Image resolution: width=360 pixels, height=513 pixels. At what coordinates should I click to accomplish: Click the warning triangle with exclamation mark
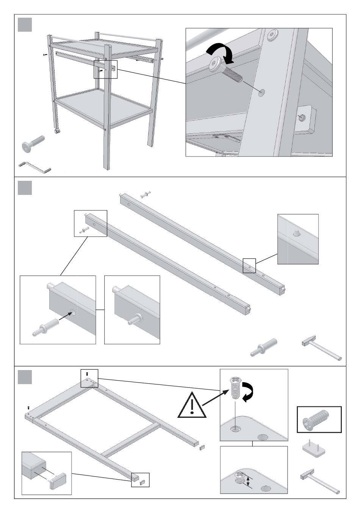193,405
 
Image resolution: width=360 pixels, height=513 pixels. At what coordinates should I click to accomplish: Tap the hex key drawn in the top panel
34,167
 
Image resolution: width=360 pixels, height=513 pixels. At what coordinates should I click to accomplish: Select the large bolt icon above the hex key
33,145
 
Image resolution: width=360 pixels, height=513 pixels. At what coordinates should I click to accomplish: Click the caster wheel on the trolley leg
58,131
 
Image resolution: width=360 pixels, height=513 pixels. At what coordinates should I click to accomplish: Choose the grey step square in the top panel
25,25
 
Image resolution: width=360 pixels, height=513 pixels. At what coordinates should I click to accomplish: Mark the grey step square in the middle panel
25,188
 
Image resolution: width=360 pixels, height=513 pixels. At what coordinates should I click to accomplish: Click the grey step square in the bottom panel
25,377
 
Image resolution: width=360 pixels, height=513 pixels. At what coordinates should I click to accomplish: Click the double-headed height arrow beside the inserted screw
248,482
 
